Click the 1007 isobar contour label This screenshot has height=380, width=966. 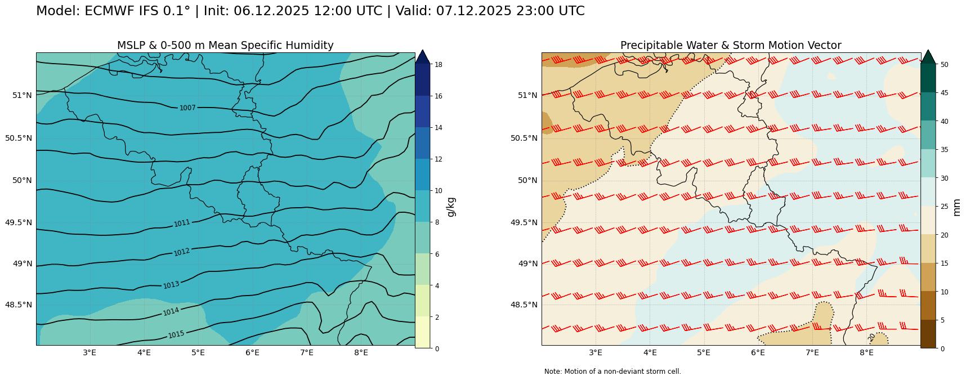coord(187,108)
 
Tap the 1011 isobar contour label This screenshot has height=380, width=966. coord(182,223)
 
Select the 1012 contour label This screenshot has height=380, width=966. coord(181,252)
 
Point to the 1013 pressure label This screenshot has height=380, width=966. coord(171,285)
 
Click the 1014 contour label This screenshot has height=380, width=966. coord(171,311)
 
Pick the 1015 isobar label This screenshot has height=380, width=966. coord(176,334)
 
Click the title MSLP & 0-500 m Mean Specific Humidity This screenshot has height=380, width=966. coord(225,46)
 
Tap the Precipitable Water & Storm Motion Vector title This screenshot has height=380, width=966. coord(731,46)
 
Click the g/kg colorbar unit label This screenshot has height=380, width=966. coord(450,207)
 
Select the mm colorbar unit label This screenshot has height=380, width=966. coord(956,207)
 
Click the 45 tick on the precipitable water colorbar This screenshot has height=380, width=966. coord(944,93)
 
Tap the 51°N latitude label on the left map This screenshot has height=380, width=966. coord(22,95)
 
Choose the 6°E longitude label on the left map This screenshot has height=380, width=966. coord(252,353)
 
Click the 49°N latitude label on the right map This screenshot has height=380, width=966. coord(527,263)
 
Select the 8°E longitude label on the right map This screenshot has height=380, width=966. coord(866,353)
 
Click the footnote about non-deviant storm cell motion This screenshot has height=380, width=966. coord(612,372)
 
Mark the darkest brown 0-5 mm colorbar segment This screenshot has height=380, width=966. coord(928,334)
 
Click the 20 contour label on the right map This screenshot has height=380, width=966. coord(871,337)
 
